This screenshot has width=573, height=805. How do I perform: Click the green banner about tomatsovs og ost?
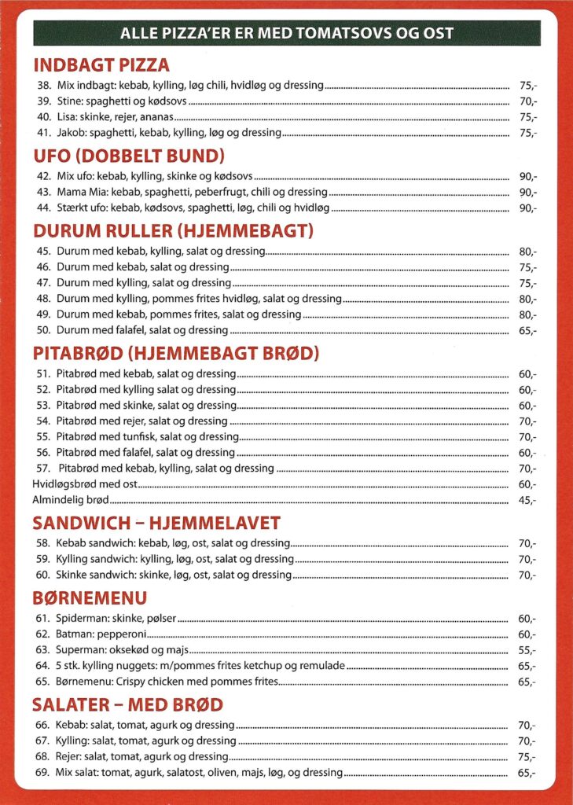point(286,34)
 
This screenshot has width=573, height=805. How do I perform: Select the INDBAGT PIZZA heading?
point(101,65)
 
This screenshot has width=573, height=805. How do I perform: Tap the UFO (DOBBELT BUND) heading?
point(129,156)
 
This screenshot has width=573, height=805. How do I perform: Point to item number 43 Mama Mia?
point(192,193)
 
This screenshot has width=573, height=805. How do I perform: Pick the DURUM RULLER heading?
point(173,231)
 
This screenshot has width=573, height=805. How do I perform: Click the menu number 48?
point(43,299)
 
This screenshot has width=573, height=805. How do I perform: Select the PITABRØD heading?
point(175,354)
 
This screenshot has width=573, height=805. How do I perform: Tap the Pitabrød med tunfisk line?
point(147,437)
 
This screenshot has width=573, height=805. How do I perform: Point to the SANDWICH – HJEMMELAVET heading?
point(156,524)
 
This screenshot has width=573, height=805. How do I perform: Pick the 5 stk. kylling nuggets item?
point(200,666)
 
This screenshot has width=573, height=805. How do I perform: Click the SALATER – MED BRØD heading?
point(127,704)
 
